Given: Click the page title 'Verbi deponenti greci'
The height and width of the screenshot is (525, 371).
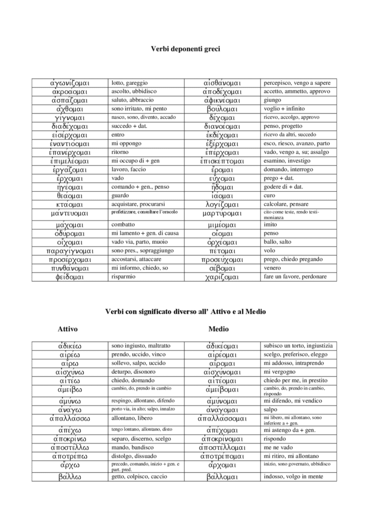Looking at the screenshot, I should (186, 49).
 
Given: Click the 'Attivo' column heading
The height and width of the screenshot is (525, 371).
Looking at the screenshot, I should (68, 328).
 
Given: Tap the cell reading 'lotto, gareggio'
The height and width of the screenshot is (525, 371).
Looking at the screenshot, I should (130, 83).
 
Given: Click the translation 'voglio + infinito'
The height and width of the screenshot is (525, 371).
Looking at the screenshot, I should (284, 109).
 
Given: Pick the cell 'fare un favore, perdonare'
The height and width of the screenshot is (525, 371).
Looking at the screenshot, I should (295, 277).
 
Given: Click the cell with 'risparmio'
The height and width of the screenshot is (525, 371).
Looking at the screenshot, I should (125, 277).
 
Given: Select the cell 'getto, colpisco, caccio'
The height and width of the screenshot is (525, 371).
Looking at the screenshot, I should (139, 477).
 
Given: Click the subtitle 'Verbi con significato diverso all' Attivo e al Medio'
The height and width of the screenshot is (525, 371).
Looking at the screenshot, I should (186, 311).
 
